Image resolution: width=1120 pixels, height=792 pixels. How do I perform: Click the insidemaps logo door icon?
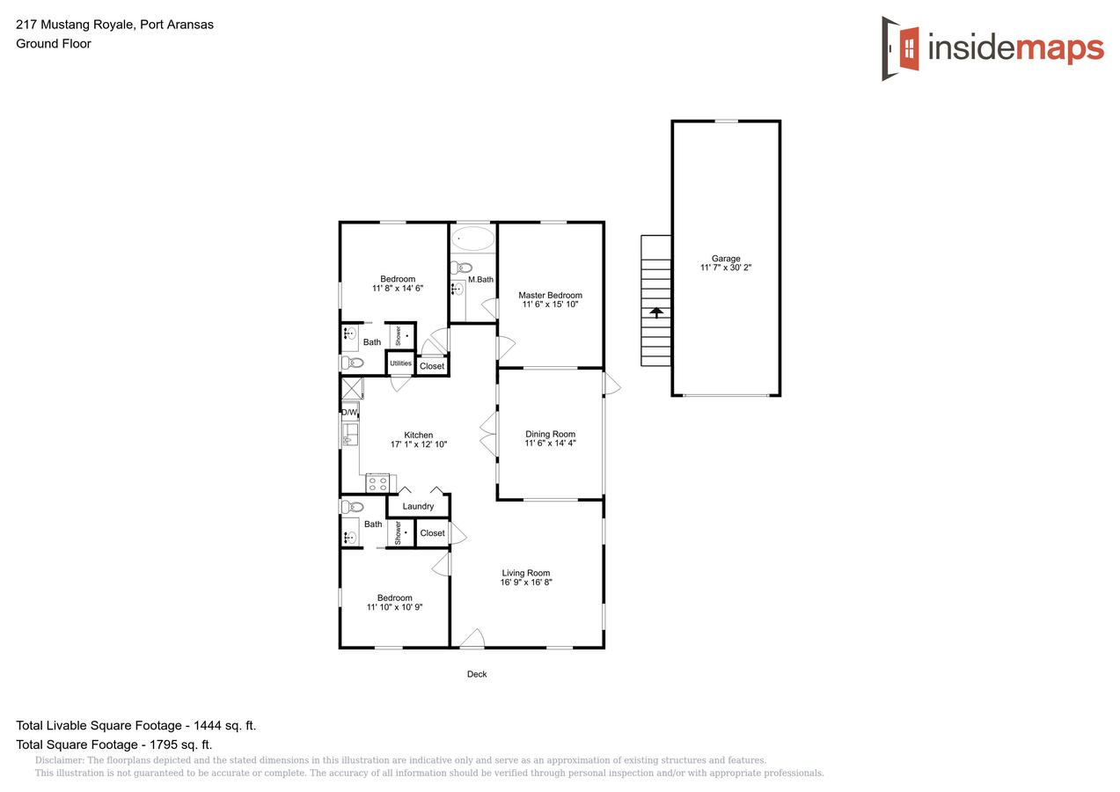901,48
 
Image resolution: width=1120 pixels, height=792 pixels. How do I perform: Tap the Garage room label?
726,259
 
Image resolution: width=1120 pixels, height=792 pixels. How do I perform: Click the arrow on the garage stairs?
655,311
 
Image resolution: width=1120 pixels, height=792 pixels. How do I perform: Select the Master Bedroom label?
550,296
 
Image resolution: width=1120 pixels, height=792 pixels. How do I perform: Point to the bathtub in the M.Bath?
473,238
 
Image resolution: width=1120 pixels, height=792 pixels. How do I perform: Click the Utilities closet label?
400,363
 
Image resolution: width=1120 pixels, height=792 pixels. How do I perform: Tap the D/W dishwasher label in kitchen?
349,412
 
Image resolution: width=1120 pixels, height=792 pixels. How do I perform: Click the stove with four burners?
378,482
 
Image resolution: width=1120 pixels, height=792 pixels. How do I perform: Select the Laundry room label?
418,506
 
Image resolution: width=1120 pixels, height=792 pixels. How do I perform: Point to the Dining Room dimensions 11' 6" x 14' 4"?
550,444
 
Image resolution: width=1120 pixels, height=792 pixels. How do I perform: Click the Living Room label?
526,573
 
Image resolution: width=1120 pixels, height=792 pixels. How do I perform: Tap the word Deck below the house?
477,674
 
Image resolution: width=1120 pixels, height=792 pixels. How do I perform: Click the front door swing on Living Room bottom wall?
472,639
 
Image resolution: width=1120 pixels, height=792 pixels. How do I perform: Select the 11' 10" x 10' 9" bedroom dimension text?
395,607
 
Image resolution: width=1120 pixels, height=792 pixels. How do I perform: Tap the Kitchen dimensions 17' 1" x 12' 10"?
419,444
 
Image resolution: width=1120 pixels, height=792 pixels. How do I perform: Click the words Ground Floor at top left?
54,43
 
